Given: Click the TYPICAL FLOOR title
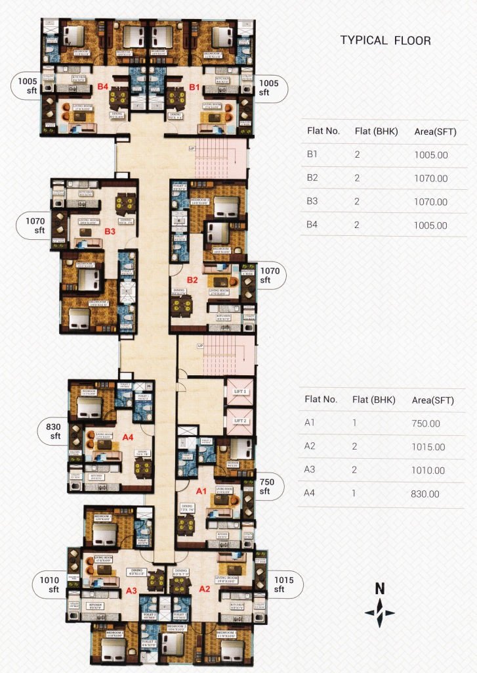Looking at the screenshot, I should point(385,41).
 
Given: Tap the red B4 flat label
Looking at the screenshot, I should point(102,87).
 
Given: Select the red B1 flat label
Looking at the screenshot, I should point(194,87).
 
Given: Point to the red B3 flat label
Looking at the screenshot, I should point(110,231).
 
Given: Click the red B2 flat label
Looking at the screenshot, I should point(192,280).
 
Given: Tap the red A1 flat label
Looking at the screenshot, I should point(201,490).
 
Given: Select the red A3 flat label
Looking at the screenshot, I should point(131,590).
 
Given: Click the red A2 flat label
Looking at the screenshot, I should point(203,590).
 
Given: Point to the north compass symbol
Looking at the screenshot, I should point(379,607).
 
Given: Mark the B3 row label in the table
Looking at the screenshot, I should point(312,202).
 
